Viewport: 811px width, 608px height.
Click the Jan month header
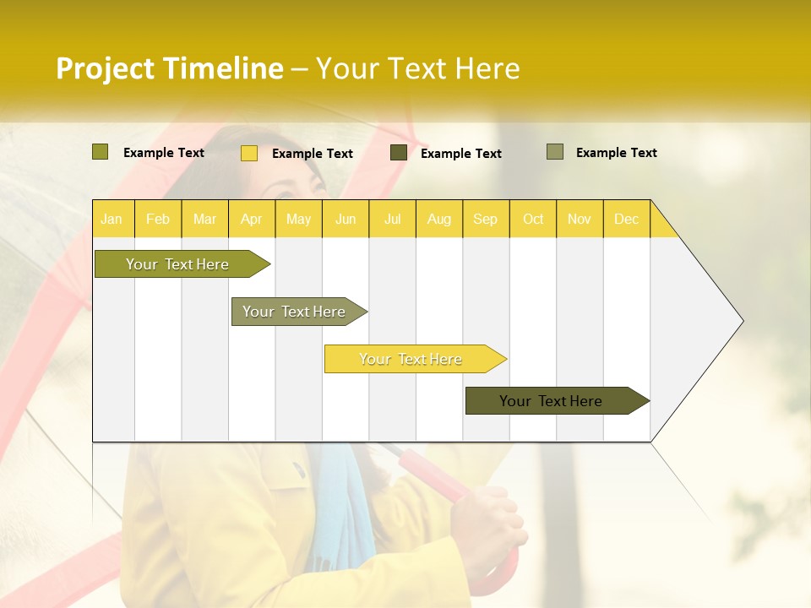pos(112,220)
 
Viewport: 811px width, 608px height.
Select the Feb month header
pos(158,220)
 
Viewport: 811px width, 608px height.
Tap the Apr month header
pos(251,220)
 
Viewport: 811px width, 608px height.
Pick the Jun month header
pos(346,220)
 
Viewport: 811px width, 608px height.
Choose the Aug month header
pos(438,220)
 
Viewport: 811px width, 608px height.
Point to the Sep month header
pos(485,220)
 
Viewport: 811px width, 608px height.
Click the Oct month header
pos(533,220)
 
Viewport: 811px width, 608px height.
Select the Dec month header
pos(626,220)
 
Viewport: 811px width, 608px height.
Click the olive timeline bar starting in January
pos(177,264)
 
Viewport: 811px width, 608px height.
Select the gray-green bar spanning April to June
pos(294,312)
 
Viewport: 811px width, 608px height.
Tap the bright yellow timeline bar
pos(411,359)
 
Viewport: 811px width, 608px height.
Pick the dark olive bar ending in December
pos(551,401)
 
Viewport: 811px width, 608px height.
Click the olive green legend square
pos(101,152)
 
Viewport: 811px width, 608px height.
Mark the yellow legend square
pos(249,153)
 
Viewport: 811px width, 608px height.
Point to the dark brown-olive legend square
pos(399,153)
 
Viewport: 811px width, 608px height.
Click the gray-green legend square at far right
pos(555,152)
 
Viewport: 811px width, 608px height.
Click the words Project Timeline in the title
pos(169,68)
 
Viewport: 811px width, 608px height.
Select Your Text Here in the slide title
pos(417,68)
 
